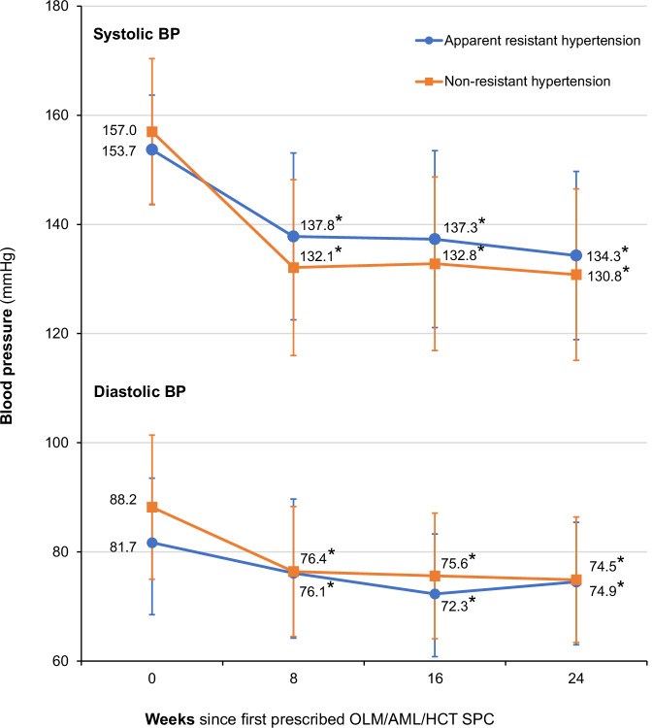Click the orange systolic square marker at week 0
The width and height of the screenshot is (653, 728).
coord(152,131)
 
